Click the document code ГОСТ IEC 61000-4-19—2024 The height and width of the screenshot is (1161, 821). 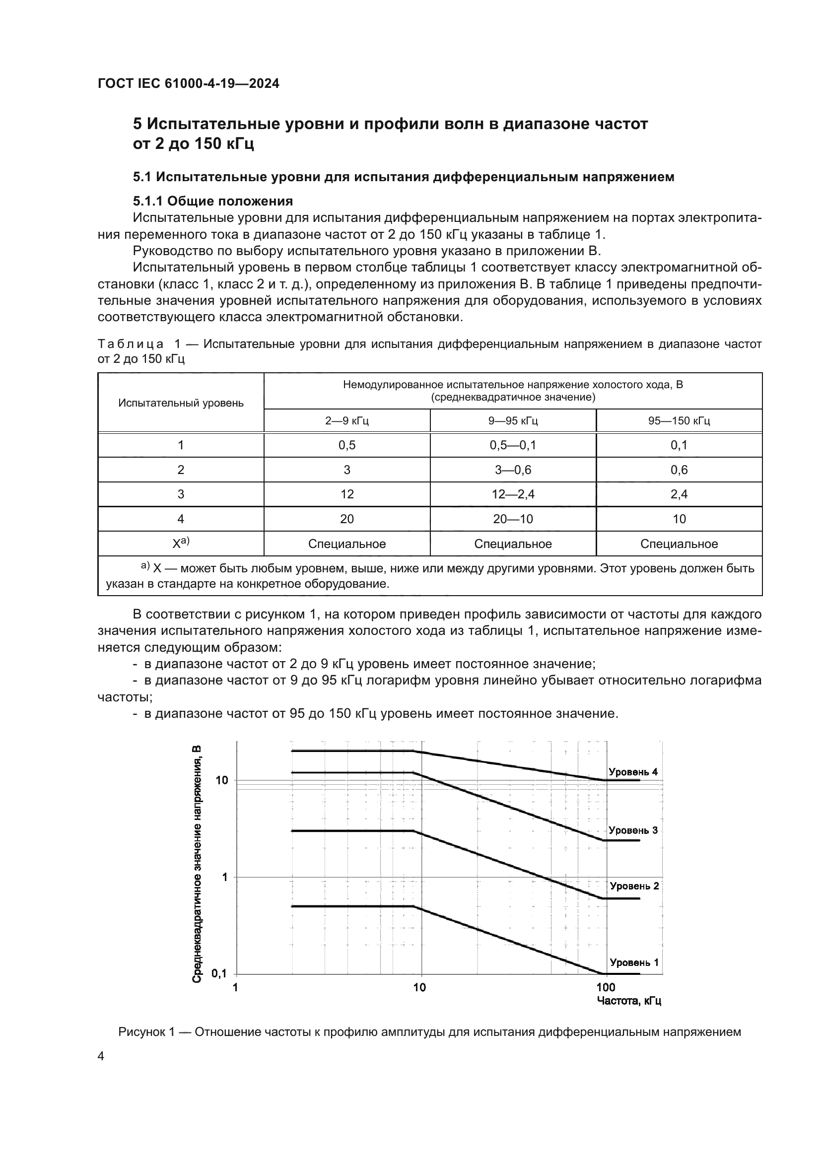(x=188, y=83)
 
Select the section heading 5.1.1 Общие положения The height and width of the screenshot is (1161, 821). (x=213, y=201)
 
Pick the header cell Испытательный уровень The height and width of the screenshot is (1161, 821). (x=181, y=403)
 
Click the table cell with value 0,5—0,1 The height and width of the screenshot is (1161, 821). (x=513, y=445)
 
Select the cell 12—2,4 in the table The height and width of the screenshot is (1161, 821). (x=513, y=494)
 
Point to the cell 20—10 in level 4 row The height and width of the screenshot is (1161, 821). (x=513, y=519)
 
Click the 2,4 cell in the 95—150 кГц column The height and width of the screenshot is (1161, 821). (x=679, y=494)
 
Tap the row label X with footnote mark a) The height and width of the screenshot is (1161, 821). (x=181, y=544)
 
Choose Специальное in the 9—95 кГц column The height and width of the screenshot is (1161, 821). (x=513, y=544)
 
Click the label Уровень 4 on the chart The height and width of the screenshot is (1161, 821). (x=633, y=772)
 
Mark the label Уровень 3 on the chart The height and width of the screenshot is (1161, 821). (x=633, y=830)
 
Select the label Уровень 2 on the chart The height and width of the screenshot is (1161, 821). (x=634, y=886)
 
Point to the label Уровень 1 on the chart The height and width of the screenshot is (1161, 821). (x=634, y=962)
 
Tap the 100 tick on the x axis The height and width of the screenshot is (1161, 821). (x=605, y=987)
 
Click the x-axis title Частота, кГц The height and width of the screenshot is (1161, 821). (x=629, y=1001)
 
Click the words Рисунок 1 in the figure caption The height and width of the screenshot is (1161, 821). (x=146, y=1032)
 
